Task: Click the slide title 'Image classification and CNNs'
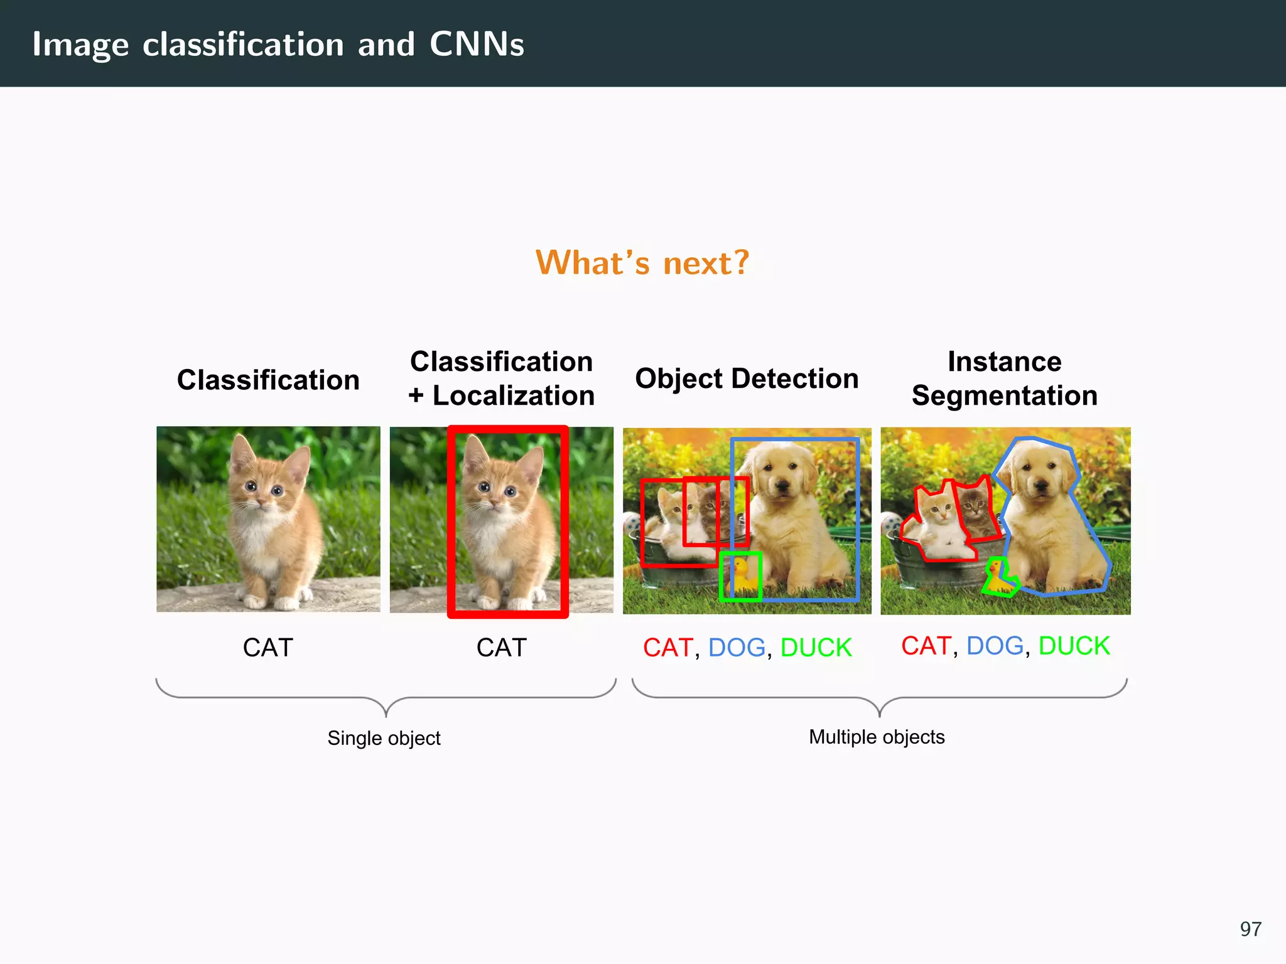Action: (278, 45)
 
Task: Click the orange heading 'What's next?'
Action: (642, 262)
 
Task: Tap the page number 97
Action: (1250, 929)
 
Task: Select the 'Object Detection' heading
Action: (747, 379)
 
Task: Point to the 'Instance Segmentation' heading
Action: (1005, 378)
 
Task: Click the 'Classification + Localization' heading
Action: (501, 378)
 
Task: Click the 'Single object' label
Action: (384, 738)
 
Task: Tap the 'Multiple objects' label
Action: (877, 737)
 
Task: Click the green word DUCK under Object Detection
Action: (816, 648)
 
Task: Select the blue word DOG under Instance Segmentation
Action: (995, 646)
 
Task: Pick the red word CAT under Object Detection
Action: (667, 648)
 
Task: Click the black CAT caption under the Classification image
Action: (268, 648)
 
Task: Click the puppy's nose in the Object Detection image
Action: (782, 484)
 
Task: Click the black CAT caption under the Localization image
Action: (501, 648)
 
